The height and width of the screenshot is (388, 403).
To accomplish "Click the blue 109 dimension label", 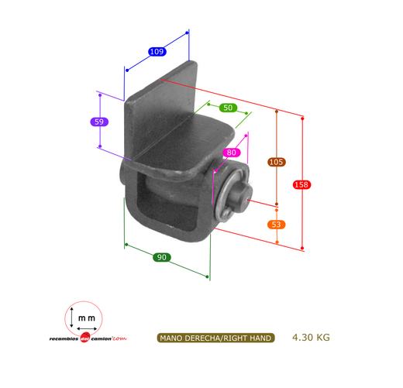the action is [157, 52].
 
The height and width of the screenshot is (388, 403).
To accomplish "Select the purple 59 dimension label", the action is [99, 122].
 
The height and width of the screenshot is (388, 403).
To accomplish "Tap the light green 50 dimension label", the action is [228, 108].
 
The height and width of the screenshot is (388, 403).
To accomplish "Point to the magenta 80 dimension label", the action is [231, 153].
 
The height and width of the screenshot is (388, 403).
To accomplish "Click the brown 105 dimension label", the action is [277, 162].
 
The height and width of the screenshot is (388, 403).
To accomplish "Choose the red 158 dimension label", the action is [301, 185].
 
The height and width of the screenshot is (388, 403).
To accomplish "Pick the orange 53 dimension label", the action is [277, 225].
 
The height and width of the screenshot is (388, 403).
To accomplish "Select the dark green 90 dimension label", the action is [162, 257].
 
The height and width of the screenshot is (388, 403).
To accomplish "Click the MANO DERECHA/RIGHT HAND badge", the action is [215, 338].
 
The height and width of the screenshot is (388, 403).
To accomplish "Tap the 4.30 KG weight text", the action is [311, 338].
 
